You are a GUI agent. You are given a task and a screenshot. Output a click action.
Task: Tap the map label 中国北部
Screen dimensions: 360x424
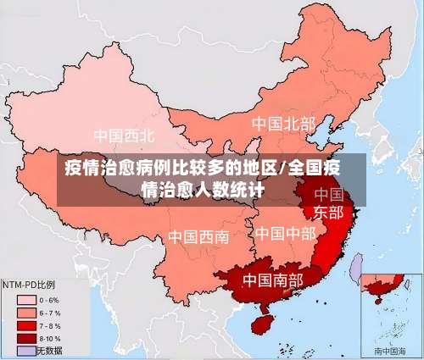click(x=282, y=125)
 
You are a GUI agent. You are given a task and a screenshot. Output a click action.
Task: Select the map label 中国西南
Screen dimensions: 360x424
click(x=198, y=236)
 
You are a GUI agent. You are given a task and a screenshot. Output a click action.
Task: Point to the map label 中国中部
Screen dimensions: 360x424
click(x=286, y=232)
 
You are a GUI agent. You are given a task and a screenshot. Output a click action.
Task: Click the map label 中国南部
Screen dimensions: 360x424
click(x=274, y=279)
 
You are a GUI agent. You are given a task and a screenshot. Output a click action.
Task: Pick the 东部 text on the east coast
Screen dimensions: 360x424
click(x=328, y=212)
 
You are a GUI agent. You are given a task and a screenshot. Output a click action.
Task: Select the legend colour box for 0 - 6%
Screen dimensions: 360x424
click(x=25, y=299)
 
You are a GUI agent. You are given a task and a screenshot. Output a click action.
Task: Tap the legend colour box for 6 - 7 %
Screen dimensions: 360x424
click(x=25, y=312)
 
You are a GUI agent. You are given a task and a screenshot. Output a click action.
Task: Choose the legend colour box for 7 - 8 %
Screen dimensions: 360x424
click(x=25, y=324)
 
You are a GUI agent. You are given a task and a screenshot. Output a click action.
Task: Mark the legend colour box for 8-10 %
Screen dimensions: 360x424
click(x=25, y=337)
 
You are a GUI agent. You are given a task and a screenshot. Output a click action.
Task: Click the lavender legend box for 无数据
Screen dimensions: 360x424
click(x=25, y=350)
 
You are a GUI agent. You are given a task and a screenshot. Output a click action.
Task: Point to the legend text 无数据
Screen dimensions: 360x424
click(x=50, y=350)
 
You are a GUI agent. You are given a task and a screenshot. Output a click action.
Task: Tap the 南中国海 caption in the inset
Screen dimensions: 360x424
click(x=390, y=350)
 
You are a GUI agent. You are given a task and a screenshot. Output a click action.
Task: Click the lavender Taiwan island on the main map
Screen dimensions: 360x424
click(x=356, y=269)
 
